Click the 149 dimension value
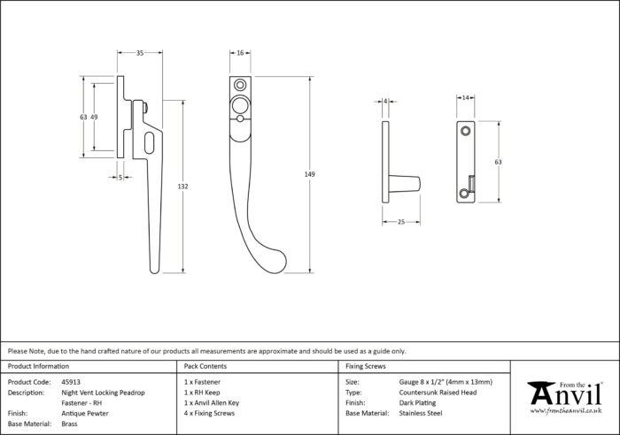click(x=310, y=174)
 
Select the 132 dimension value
click(x=182, y=187)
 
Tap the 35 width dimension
click(x=140, y=53)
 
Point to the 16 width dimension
click(x=240, y=53)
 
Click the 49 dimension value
click(x=94, y=117)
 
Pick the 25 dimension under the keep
click(x=401, y=222)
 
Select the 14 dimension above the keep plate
click(x=465, y=97)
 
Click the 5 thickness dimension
click(x=120, y=178)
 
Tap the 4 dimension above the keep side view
click(x=385, y=102)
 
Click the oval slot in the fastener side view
click(x=150, y=143)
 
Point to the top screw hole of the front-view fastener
click(x=240, y=85)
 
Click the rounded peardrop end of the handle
click(x=275, y=262)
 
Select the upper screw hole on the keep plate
click(x=465, y=130)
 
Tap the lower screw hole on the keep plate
click(x=464, y=194)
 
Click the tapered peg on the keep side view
click(x=405, y=184)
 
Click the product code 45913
click(x=71, y=382)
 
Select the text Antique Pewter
click(x=85, y=413)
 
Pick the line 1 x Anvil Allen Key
click(x=212, y=403)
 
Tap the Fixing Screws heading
click(x=365, y=366)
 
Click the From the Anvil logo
click(x=566, y=397)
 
